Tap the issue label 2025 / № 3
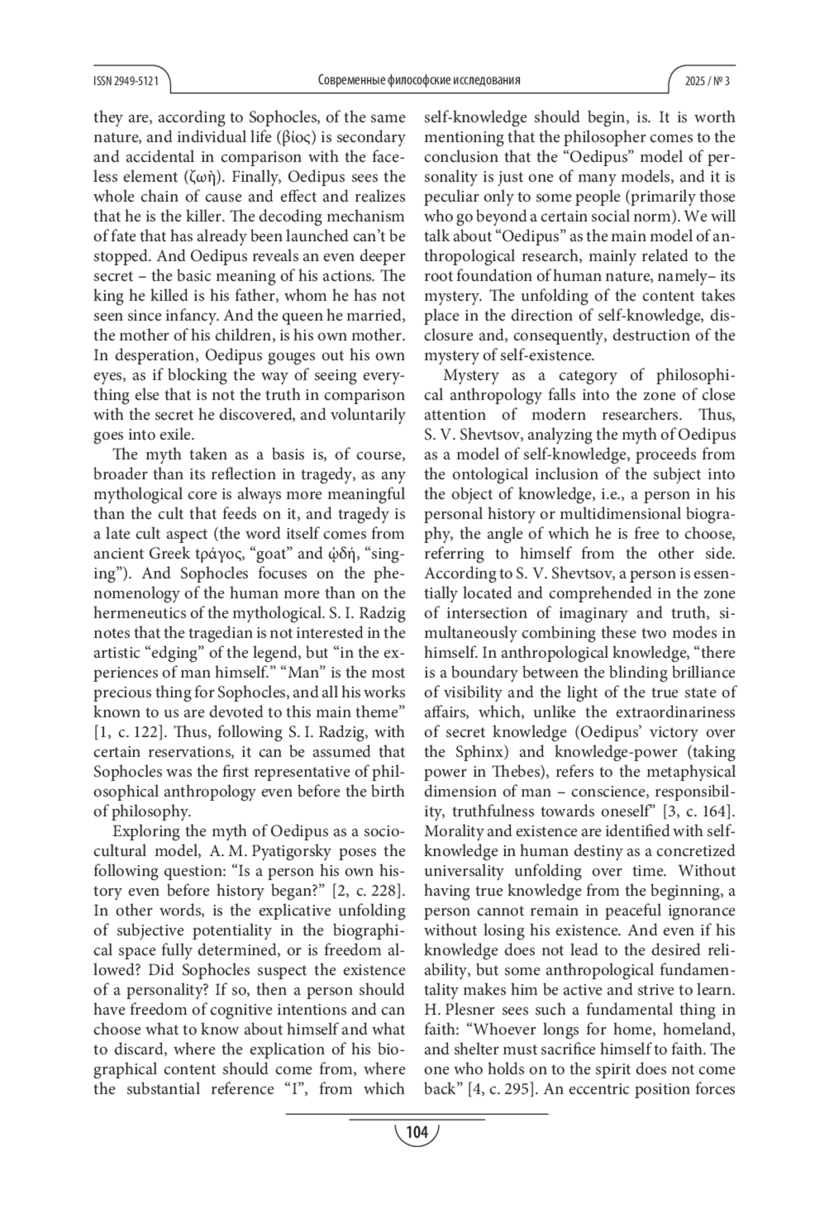(707, 81)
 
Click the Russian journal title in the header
(419, 80)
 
